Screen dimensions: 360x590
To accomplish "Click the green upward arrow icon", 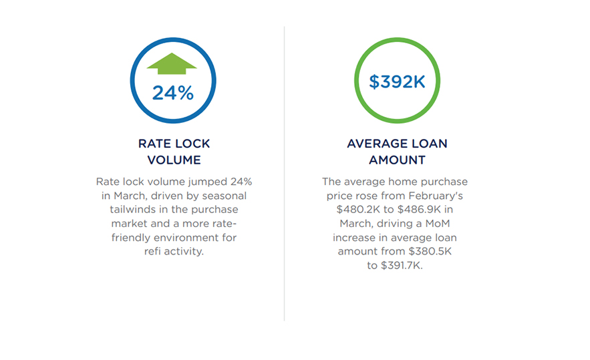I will pyautogui.click(x=172, y=63).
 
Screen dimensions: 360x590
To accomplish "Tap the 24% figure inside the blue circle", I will pyautogui.click(x=172, y=93).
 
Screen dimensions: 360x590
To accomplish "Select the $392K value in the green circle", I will pyautogui.click(x=397, y=81).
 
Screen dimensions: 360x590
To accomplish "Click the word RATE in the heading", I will pyautogui.click(x=154, y=144).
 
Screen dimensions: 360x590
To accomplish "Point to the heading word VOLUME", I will pyautogui.click(x=174, y=160).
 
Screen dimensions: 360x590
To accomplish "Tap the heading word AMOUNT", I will pyautogui.click(x=397, y=160).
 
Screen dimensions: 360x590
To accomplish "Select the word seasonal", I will pyautogui.click(x=223, y=196).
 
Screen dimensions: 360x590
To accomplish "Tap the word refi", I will pyautogui.click(x=154, y=252).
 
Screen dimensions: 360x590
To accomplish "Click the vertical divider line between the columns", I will pyautogui.click(x=284, y=174).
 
